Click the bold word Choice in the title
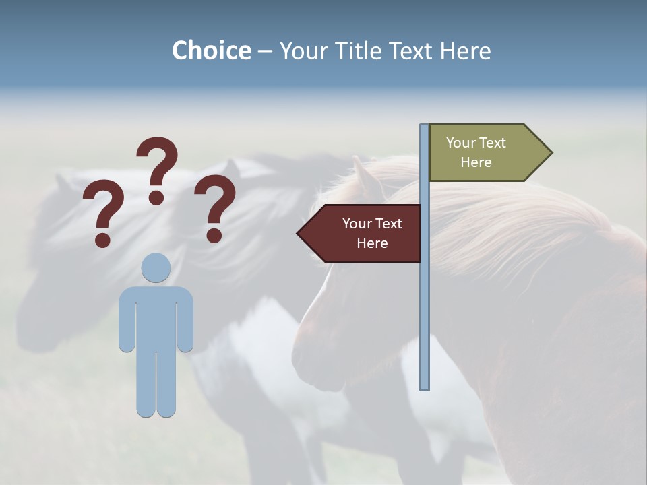[x=211, y=51]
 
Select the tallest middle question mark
[x=158, y=165]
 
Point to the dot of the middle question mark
[x=156, y=197]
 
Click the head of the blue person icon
[x=156, y=267]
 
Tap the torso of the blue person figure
[x=156, y=317]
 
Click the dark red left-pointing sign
[x=364, y=233]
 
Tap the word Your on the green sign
[x=461, y=143]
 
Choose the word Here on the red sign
[x=372, y=243]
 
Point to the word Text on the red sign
[x=388, y=224]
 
